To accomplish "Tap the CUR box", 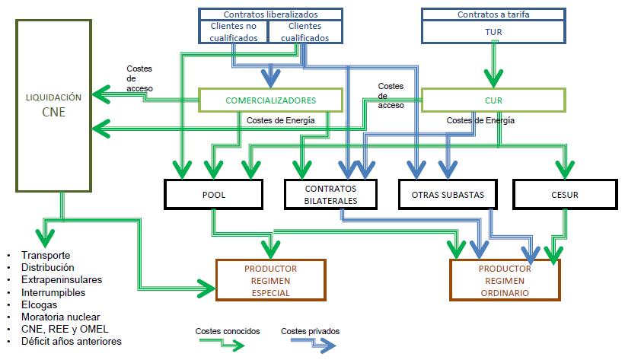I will click(x=493, y=100).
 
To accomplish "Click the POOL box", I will click(x=214, y=194).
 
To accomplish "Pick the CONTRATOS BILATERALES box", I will click(x=330, y=194).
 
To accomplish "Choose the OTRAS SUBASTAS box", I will click(x=448, y=194).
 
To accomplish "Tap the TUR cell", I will click(x=493, y=32).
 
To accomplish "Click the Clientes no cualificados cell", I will click(x=233, y=31).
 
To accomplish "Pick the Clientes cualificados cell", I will click(x=305, y=31).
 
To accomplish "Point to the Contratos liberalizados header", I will click(x=270, y=14).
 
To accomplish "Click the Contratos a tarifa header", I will click(x=493, y=14).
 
